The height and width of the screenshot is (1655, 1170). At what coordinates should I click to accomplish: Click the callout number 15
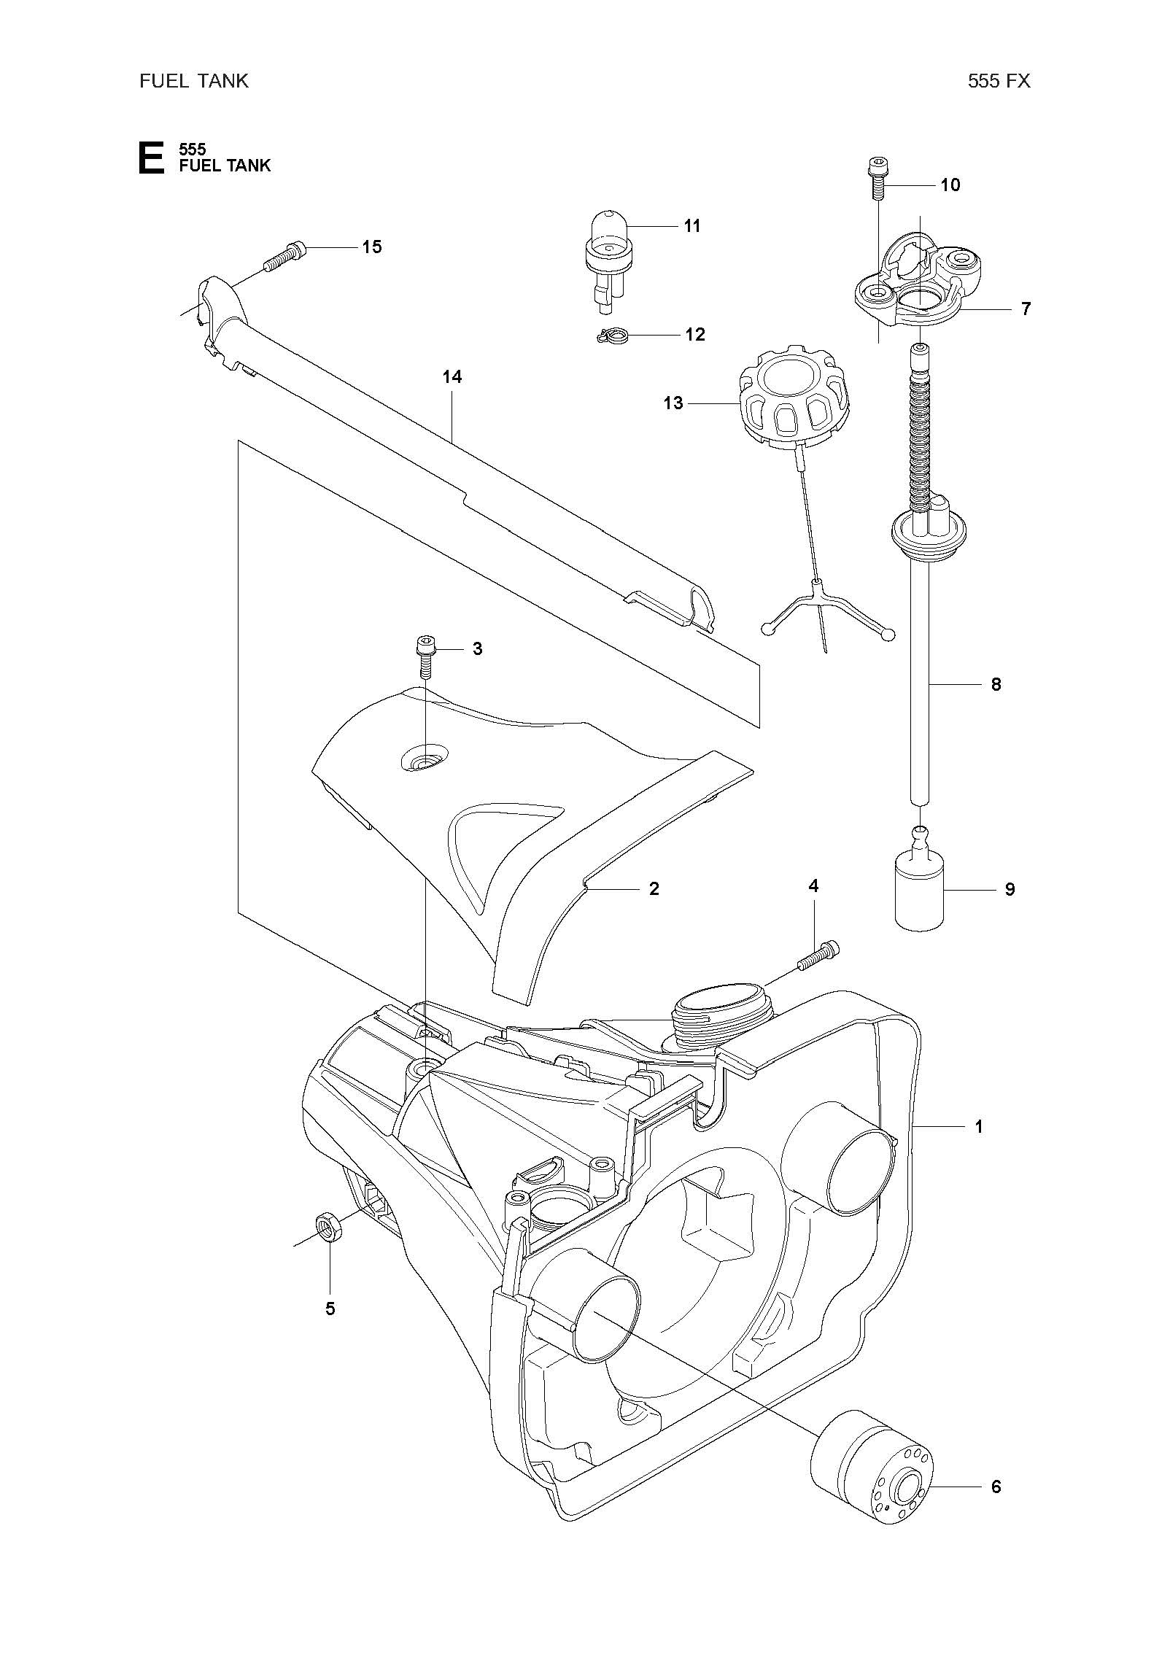pyautogui.click(x=372, y=247)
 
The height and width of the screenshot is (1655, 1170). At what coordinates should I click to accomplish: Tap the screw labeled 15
pyautogui.click(x=284, y=257)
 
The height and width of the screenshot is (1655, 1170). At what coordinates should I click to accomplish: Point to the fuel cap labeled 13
pyautogui.click(x=794, y=403)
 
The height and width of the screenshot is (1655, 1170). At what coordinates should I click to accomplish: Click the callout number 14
pyautogui.click(x=452, y=377)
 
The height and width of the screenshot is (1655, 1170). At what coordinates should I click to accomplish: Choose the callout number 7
pyautogui.click(x=1026, y=309)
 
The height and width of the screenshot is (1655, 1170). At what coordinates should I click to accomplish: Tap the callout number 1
pyautogui.click(x=979, y=1127)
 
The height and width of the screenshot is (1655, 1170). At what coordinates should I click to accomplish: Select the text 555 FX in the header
pyautogui.click(x=999, y=81)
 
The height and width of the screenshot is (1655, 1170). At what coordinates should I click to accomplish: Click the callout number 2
pyautogui.click(x=654, y=888)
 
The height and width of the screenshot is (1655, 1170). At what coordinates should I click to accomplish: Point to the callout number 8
pyautogui.click(x=996, y=685)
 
